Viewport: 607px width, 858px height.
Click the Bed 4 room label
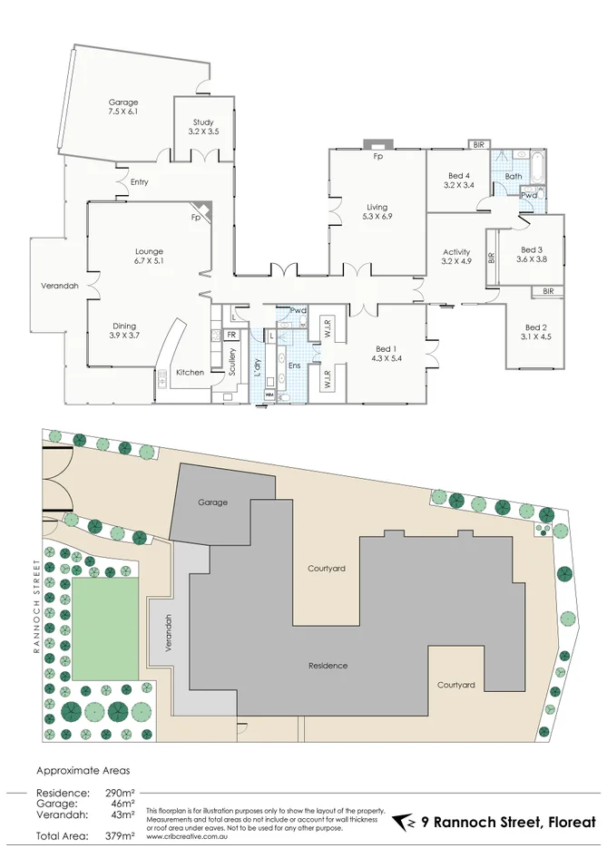click(459, 180)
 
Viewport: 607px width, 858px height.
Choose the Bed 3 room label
click(532, 255)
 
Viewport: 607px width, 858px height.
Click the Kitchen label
click(190, 373)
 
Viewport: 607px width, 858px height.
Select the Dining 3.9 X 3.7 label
click(125, 331)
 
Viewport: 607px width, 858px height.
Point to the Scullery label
click(232, 363)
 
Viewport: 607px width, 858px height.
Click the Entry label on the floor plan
click(139, 182)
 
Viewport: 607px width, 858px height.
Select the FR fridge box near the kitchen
click(232, 335)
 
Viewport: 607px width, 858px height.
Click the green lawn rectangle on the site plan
click(105, 629)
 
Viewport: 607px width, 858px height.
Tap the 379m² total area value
click(118, 835)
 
